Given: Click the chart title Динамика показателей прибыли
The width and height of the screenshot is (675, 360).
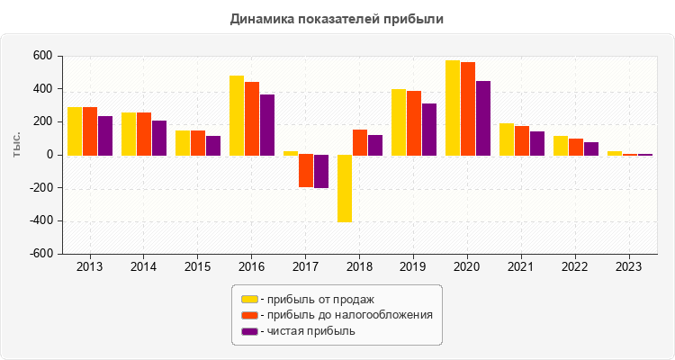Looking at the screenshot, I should click(337, 18).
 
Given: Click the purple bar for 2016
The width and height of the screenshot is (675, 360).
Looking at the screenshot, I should click(267, 125).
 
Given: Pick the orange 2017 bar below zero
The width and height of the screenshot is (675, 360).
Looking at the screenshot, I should click(306, 171).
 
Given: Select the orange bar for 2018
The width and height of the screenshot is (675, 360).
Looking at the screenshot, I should click(360, 142).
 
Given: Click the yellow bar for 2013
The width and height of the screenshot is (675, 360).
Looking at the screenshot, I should click(75, 131).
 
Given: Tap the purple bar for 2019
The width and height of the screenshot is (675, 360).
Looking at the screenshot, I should click(429, 130).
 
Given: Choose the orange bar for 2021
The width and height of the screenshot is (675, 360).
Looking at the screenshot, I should click(522, 140).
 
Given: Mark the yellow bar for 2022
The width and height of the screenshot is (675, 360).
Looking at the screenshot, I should click(561, 146).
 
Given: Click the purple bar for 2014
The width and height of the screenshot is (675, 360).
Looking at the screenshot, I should click(159, 138).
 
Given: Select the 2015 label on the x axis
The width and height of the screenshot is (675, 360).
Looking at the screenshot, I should click(198, 267).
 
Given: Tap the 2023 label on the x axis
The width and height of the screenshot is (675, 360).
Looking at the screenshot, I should click(630, 267).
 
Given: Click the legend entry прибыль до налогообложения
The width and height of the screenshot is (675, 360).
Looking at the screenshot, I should click(346, 315).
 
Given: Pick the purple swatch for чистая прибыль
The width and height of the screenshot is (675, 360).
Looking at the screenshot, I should click(249, 331).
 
